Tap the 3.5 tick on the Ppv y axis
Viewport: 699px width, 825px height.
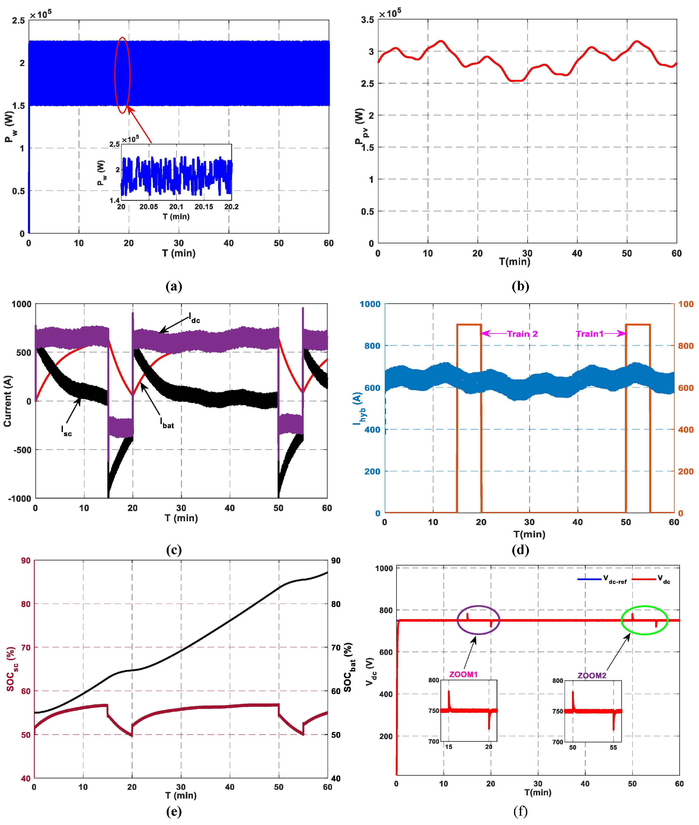[x=368, y=20]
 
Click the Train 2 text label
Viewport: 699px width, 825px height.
[x=522, y=334]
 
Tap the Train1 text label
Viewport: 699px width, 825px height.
[x=589, y=334]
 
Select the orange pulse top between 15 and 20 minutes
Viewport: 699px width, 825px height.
[x=469, y=324]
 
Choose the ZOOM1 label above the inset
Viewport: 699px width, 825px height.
[x=463, y=674]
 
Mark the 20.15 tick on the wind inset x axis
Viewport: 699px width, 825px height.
[x=204, y=207]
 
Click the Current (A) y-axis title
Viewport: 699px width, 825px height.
[x=8, y=401]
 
